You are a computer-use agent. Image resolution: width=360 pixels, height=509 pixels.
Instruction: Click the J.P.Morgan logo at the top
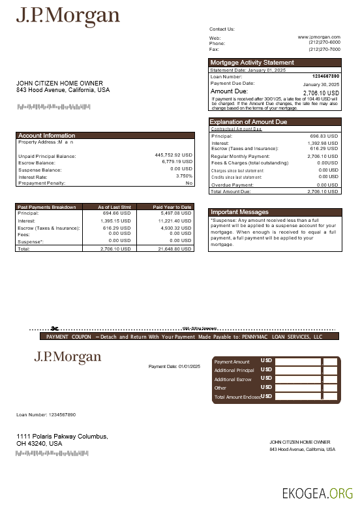point(68,16)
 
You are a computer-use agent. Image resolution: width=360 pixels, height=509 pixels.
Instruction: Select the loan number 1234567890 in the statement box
point(325,76)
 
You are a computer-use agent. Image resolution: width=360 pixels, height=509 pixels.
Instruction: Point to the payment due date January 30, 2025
point(321,85)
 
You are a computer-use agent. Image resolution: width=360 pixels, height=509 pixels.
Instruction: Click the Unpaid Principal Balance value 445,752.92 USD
point(173,155)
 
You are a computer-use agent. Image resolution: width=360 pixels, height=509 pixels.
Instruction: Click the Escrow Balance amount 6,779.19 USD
point(177,162)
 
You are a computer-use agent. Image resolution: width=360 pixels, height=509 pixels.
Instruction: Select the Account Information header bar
point(46,136)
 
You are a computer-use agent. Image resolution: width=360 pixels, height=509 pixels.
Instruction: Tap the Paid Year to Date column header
point(172,207)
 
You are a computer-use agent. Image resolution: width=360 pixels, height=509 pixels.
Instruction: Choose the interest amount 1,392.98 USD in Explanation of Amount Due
point(322,143)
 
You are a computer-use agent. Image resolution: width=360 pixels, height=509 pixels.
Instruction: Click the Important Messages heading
point(239,212)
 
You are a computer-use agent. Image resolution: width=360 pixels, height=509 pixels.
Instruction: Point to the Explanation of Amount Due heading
point(247,122)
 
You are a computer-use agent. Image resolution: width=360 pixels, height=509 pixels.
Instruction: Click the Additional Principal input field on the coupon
point(297,370)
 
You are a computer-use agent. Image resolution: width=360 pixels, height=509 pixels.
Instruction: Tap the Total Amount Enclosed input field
point(297,397)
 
